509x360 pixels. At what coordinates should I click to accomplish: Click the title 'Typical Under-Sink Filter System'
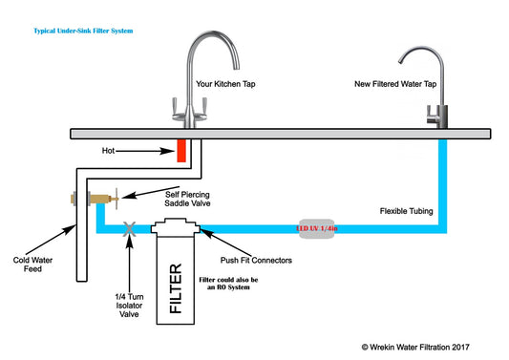81,32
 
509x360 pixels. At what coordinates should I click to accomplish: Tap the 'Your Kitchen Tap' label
225,84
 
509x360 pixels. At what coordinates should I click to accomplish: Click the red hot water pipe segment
179,150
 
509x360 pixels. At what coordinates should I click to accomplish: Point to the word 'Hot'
109,150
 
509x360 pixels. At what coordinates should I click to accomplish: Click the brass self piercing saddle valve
76,200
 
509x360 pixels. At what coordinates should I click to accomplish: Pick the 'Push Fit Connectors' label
255,259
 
